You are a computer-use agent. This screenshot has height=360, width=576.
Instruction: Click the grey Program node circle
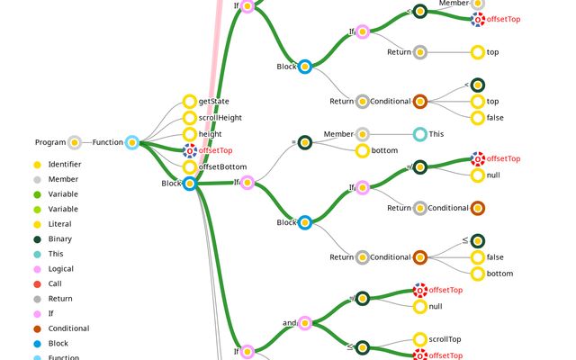(x=74, y=142)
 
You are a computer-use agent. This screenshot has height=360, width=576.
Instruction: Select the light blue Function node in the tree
(x=131, y=142)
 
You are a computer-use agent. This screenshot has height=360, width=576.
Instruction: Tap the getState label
(x=213, y=102)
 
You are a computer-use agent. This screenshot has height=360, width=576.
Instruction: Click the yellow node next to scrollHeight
(x=189, y=118)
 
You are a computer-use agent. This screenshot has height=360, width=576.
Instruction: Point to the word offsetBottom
(x=222, y=166)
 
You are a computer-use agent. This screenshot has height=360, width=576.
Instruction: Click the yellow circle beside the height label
(x=189, y=134)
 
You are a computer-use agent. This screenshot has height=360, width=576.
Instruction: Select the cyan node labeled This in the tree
(x=419, y=134)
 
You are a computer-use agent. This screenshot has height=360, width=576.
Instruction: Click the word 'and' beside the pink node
(x=290, y=322)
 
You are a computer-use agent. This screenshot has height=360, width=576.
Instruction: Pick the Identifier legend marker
(x=37, y=165)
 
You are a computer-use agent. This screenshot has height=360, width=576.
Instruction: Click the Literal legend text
(x=60, y=224)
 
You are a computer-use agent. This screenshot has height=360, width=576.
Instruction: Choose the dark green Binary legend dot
(x=37, y=239)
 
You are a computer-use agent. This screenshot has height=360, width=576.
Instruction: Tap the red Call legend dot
(x=37, y=283)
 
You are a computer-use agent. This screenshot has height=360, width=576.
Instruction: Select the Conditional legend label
(x=69, y=328)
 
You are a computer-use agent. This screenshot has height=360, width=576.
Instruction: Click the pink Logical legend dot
(x=37, y=269)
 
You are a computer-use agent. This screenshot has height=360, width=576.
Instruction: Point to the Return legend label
(x=61, y=299)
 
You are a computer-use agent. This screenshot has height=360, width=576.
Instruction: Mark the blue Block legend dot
(x=37, y=344)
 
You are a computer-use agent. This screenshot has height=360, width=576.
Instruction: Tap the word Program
(x=50, y=142)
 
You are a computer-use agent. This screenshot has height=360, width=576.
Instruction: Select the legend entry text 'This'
(x=57, y=254)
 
